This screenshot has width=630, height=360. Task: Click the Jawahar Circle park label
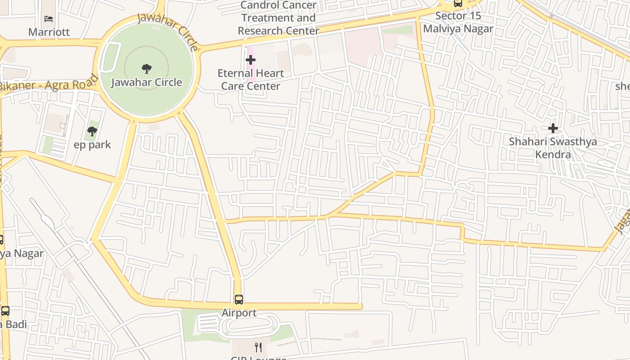pyautogui.click(x=146, y=82)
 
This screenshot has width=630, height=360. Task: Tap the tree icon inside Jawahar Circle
pyautogui.click(x=146, y=69)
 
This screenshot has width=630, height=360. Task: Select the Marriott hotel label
pyautogui.click(x=49, y=32)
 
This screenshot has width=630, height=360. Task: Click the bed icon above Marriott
pyautogui.click(x=49, y=19)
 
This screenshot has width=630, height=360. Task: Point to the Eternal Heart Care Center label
pyautogui.click(x=251, y=80)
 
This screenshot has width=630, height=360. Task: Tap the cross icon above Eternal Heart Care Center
pyautogui.click(x=251, y=59)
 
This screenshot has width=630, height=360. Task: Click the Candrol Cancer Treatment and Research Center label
pyautogui.click(x=278, y=18)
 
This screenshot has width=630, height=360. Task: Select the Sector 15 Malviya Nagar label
pyautogui.click(x=458, y=22)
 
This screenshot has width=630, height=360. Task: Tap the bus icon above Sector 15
pyautogui.click(x=458, y=3)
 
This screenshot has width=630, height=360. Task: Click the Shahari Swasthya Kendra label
pyautogui.click(x=553, y=148)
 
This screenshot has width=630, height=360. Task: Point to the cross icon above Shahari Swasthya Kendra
pyautogui.click(x=553, y=128)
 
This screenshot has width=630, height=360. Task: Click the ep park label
pyautogui.click(x=92, y=145)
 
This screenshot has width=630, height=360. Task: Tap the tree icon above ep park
pyautogui.click(x=92, y=131)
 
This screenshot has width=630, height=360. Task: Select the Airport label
pyautogui.click(x=239, y=313)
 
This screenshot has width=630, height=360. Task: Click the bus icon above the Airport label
pyautogui.click(x=239, y=299)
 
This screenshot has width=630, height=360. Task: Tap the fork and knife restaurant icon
pyautogui.click(x=258, y=347)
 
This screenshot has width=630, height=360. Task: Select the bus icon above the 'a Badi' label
pyautogui.click(x=5, y=310)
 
